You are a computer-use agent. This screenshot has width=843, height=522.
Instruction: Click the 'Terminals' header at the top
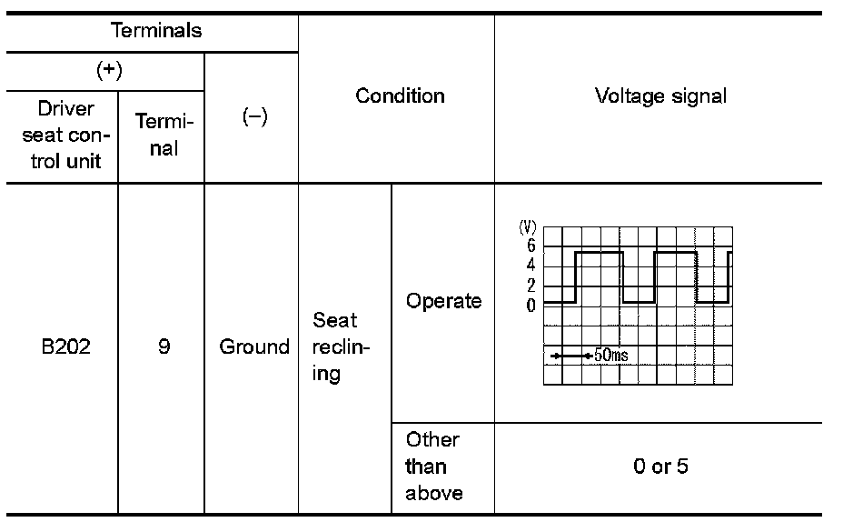(x=156, y=31)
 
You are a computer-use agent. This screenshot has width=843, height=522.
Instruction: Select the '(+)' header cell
(x=109, y=72)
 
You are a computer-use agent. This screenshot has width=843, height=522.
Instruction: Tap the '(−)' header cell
(x=254, y=119)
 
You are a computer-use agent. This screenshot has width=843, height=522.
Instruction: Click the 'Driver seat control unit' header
(x=66, y=136)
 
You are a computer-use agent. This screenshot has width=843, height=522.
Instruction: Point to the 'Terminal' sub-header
(x=164, y=136)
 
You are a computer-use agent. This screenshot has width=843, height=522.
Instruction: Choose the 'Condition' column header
(x=400, y=95)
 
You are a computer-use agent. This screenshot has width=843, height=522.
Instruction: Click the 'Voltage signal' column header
(x=660, y=95)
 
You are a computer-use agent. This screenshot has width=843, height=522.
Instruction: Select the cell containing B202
(x=66, y=346)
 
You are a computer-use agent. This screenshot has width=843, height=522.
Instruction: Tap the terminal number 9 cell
(x=164, y=346)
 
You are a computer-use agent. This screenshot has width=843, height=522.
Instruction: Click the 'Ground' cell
(x=254, y=346)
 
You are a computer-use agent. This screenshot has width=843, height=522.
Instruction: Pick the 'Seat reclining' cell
(x=335, y=346)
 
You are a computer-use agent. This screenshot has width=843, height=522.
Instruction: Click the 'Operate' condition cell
(x=443, y=302)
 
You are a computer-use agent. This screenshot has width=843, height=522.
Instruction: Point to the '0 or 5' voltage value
(x=660, y=467)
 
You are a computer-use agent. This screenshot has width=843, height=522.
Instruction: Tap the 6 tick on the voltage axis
(x=531, y=246)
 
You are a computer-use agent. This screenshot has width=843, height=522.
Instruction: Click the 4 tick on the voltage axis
(x=531, y=266)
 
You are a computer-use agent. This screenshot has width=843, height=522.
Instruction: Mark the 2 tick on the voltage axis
(x=531, y=286)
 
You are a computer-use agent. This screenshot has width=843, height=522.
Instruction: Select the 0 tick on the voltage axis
(x=531, y=305)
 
